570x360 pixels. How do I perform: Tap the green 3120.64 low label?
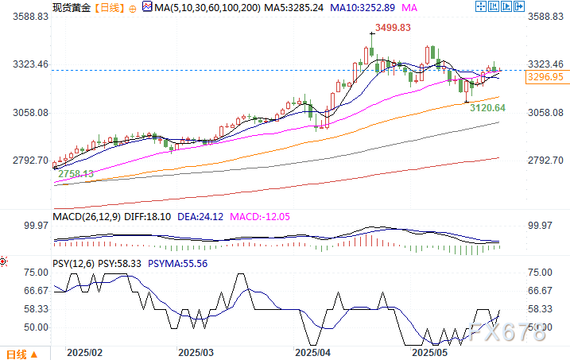[x=487, y=106]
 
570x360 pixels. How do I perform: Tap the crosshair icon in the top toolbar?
[x=480, y=6]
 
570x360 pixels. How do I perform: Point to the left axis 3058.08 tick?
[x=27, y=113]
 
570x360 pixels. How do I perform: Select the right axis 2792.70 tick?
[x=545, y=161]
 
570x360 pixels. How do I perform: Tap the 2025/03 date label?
[x=195, y=351]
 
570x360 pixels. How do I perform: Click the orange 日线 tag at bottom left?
[x=17, y=354]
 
